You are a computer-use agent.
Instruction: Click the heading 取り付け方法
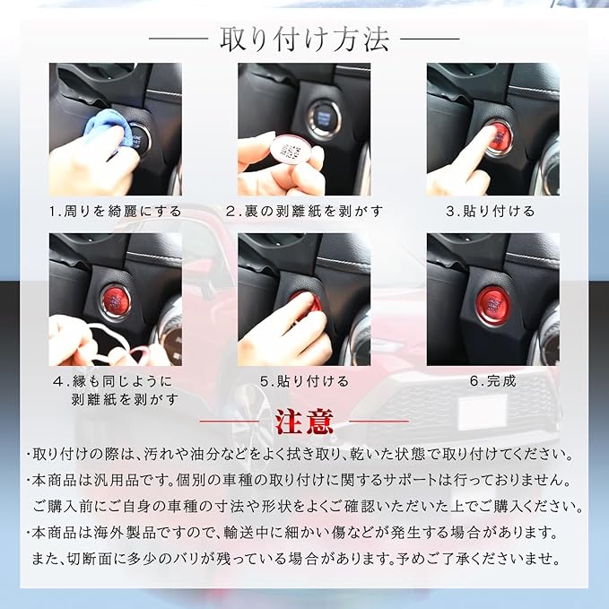tap(305, 39)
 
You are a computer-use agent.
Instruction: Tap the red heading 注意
tap(305, 422)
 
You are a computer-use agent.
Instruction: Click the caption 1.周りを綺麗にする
tap(116, 212)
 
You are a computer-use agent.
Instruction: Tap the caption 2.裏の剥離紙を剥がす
tap(304, 212)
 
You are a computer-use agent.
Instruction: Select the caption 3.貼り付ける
tap(490, 212)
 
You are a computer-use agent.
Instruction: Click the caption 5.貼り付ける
tap(304, 381)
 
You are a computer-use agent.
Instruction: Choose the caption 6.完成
tap(492, 381)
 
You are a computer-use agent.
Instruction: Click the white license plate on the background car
tap(483, 413)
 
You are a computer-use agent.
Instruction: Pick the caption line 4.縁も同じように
tap(113, 381)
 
